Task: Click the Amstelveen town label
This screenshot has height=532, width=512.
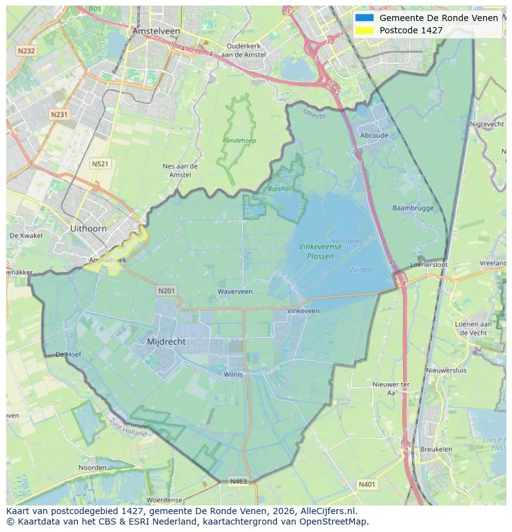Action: [x=156, y=31]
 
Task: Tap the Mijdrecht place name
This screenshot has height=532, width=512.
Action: [x=166, y=342]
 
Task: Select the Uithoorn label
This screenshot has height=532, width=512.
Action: [x=88, y=229]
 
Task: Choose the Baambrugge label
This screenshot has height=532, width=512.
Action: [x=412, y=208]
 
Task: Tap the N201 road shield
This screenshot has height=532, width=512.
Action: [x=166, y=290]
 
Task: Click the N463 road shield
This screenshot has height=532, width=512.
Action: [x=239, y=481]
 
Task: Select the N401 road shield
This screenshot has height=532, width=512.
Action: [x=367, y=485]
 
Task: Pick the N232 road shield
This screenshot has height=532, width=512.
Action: [x=26, y=51]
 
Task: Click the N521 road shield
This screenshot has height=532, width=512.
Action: [x=100, y=164]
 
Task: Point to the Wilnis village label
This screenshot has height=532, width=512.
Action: [x=234, y=374]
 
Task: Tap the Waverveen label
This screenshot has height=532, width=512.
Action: [x=235, y=292]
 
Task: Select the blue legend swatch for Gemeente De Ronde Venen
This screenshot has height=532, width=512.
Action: [x=364, y=18]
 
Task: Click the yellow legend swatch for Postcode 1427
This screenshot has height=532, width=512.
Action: [x=364, y=30]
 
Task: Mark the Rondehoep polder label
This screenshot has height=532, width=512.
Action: [x=239, y=141]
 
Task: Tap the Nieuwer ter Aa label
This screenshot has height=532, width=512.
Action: [x=391, y=388]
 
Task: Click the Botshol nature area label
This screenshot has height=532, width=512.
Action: [x=279, y=188]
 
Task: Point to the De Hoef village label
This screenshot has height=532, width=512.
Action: [x=68, y=355]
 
